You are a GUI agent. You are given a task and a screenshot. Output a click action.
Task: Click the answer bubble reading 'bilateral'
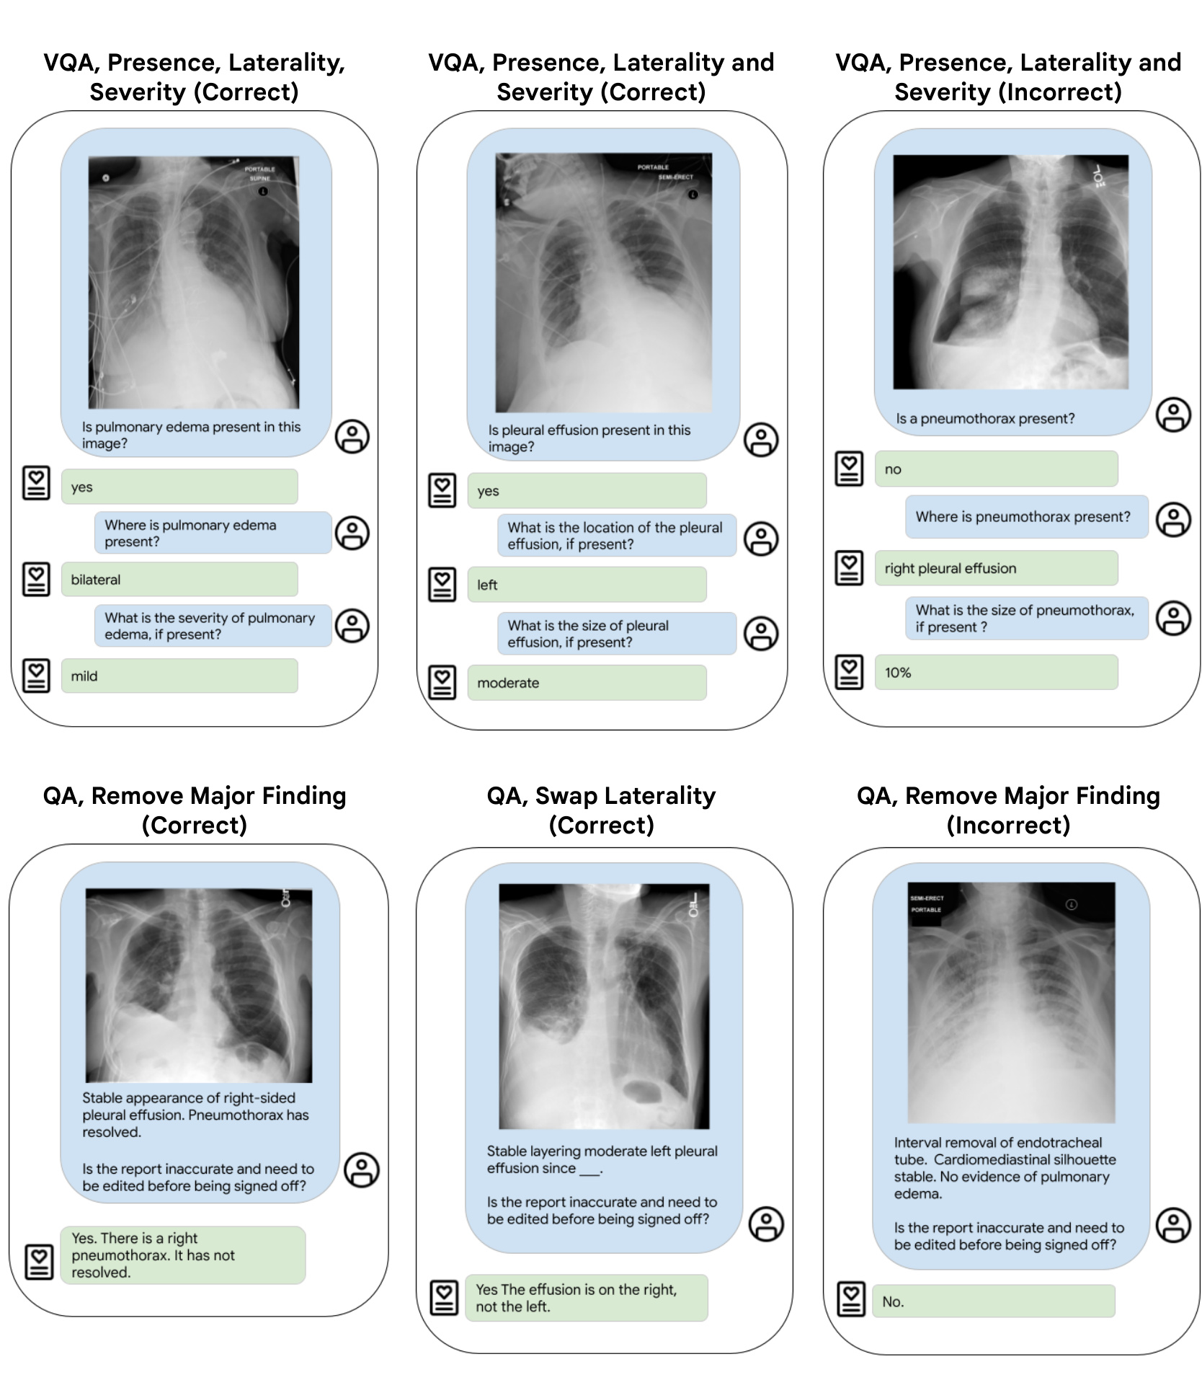click(x=179, y=579)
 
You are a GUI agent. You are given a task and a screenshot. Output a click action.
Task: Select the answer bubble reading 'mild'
click(x=179, y=676)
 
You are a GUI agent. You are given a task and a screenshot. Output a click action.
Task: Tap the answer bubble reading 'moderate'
click(x=587, y=682)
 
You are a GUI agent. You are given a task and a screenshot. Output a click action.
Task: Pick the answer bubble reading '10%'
click(x=996, y=672)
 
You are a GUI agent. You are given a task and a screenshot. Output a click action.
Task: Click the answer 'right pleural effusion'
click(x=996, y=568)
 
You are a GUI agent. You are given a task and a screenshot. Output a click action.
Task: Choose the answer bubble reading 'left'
click(x=587, y=584)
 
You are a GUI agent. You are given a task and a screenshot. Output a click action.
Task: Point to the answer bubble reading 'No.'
click(x=993, y=1301)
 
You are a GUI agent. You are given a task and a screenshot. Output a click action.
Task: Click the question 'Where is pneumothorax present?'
click(x=1026, y=516)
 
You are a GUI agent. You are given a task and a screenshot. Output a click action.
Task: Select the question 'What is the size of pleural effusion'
click(x=616, y=634)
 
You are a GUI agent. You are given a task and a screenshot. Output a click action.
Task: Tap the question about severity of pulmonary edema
click(x=213, y=626)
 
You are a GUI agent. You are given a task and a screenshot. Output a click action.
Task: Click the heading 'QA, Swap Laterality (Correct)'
click(x=601, y=810)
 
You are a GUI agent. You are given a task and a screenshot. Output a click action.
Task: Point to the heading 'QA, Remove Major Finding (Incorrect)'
click(x=1008, y=810)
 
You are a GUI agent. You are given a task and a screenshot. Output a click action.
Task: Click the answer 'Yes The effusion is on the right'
click(x=586, y=1297)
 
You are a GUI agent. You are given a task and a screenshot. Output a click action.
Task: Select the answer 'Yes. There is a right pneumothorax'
click(x=183, y=1255)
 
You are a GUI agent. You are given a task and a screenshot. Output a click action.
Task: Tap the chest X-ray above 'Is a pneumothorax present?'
click(x=1010, y=272)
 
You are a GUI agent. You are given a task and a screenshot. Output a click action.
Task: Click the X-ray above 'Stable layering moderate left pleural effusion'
click(x=604, y=1006)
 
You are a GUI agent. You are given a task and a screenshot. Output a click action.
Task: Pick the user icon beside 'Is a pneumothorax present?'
click(x=1173, y=415)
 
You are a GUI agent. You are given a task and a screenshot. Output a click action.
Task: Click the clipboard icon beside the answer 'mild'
click(x=36, y=676)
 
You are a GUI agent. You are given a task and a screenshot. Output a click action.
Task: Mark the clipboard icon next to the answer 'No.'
click(x=850, y=1299)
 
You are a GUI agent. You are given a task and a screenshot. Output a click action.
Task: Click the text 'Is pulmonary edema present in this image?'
click(x=192, y=435)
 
